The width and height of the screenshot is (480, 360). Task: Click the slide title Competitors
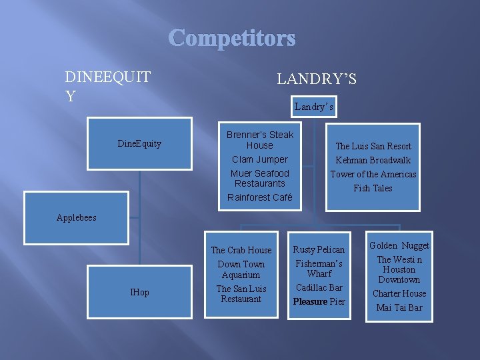(232, 38)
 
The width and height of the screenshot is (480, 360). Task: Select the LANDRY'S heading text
(317, 79)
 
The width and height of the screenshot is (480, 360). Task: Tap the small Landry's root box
(313, 107)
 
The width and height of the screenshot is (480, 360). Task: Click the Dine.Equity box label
(139, 143)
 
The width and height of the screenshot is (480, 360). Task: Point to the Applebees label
(77, 217)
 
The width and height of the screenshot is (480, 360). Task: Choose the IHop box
(139, 293)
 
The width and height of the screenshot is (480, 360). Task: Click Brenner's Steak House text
(259, 140)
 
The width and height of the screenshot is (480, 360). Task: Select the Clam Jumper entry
(259, 159)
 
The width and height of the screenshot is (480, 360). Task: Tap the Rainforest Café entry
(259, 197)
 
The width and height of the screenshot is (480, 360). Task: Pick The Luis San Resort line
(373, 146)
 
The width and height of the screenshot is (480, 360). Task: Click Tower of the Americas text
(373, 174)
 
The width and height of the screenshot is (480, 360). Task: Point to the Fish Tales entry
(373, 188)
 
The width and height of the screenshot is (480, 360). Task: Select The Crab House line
(241, 250)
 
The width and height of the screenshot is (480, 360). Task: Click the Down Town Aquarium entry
(241, 269)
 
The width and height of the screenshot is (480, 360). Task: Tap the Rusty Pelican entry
(319, 249)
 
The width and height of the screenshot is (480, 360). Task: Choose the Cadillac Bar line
(319, 287)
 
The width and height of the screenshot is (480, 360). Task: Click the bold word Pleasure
(309, 301)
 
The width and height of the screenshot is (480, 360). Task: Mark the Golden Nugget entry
(399, 245)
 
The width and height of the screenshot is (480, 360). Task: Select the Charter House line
(399, 293)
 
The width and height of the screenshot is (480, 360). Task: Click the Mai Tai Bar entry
(399, 307)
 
